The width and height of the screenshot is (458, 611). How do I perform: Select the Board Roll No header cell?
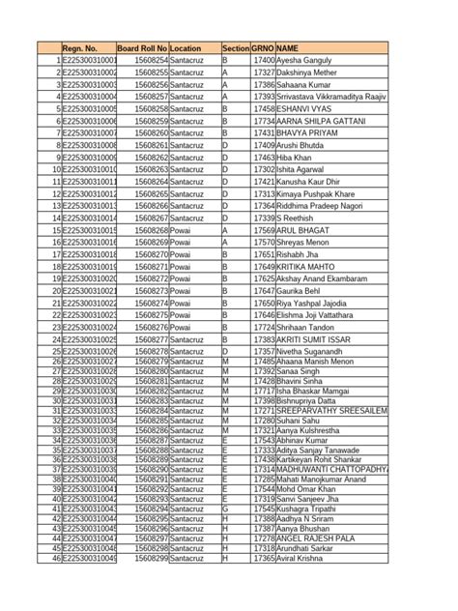[x=142, y=47]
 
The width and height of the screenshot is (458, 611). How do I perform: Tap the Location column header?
[x=186, y=47]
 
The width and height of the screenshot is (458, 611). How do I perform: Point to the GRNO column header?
[x=262, y=47]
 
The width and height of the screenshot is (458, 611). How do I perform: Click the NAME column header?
[x=287, y=47]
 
